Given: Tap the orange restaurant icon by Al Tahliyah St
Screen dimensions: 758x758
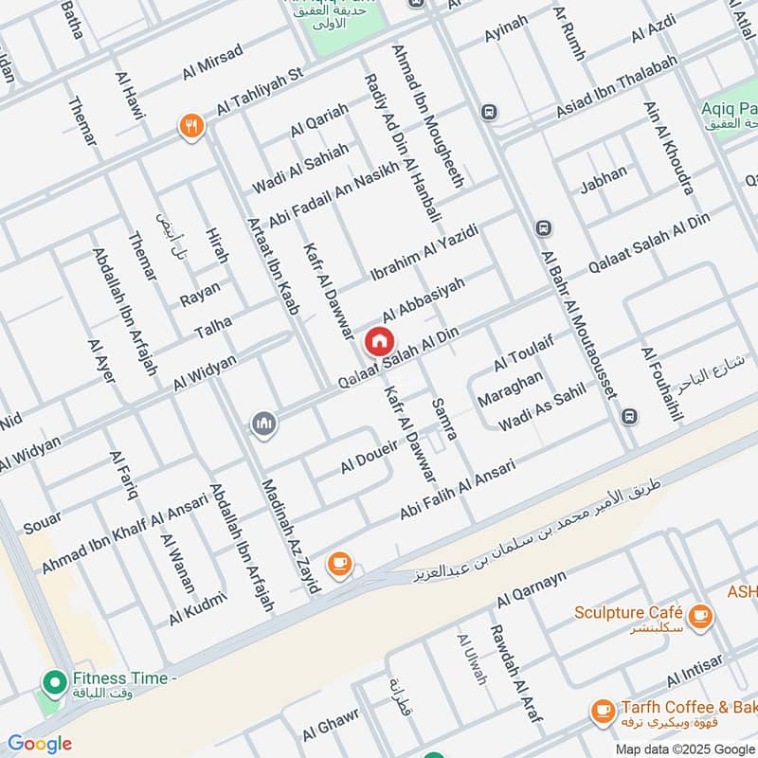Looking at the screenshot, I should [x=191, y=126].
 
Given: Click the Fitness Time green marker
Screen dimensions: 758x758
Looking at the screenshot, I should [x=54, y=680].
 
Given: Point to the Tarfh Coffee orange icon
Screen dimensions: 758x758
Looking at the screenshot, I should [x=601, y=709].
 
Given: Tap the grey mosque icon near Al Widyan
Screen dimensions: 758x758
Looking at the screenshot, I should [x=264, y=424].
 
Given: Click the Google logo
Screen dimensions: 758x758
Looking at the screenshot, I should [x=39, y=744].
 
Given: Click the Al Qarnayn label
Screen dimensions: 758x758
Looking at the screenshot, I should [x=531, y=587].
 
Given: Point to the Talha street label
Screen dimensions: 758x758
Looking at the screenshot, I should [x=212, y=329].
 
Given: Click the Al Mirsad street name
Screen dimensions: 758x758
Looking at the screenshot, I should [x=210, y=63].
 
